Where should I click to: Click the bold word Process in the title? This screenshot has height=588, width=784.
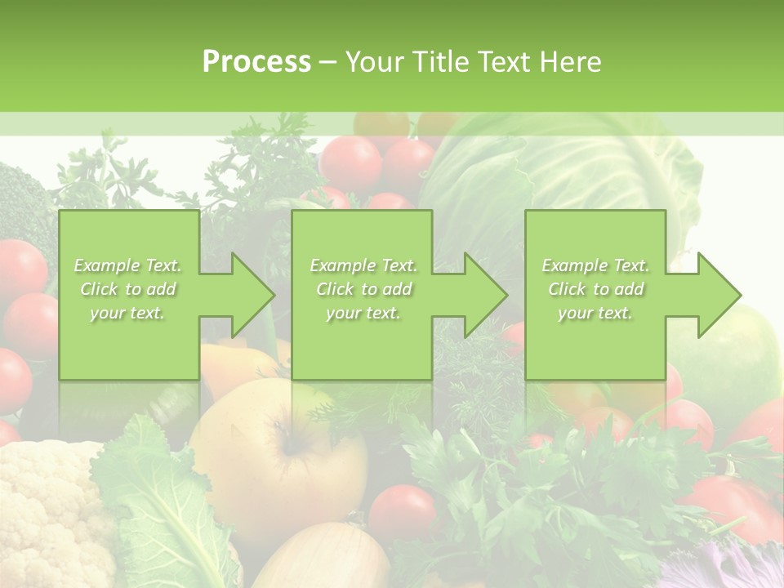pyautogui.click(x=256, y=61)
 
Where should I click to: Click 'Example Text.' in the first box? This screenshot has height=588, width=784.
pyautogui.click(x=128, y=265)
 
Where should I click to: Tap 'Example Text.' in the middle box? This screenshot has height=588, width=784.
pyautogui.click(x=363, y=265)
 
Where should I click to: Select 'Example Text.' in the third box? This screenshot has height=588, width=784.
pyautogui.click(x=595, y=265)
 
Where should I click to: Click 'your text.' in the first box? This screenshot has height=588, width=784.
pyautogui.click(x=128, y=313)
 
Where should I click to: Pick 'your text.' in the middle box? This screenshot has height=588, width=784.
pyautogui.click(x=363, y=313)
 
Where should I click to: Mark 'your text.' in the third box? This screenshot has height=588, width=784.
pyautogui.click(x=595, y=313)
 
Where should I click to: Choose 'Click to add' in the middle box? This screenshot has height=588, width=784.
pyautogui.click(x=363, y=289)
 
